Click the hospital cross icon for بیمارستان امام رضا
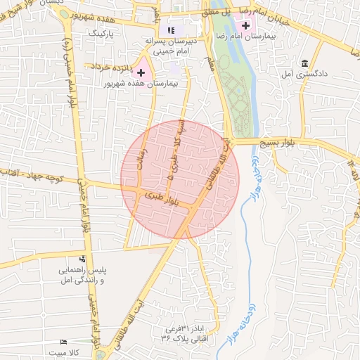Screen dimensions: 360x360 pos(244,26)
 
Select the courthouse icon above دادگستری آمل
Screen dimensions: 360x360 pos(304,63)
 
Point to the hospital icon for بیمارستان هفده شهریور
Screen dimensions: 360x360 pos(141,72)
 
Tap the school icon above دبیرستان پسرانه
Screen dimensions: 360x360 pos(170,30)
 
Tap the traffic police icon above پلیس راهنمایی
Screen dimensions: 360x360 pos(83,259)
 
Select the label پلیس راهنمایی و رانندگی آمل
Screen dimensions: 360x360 pos(83,274)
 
